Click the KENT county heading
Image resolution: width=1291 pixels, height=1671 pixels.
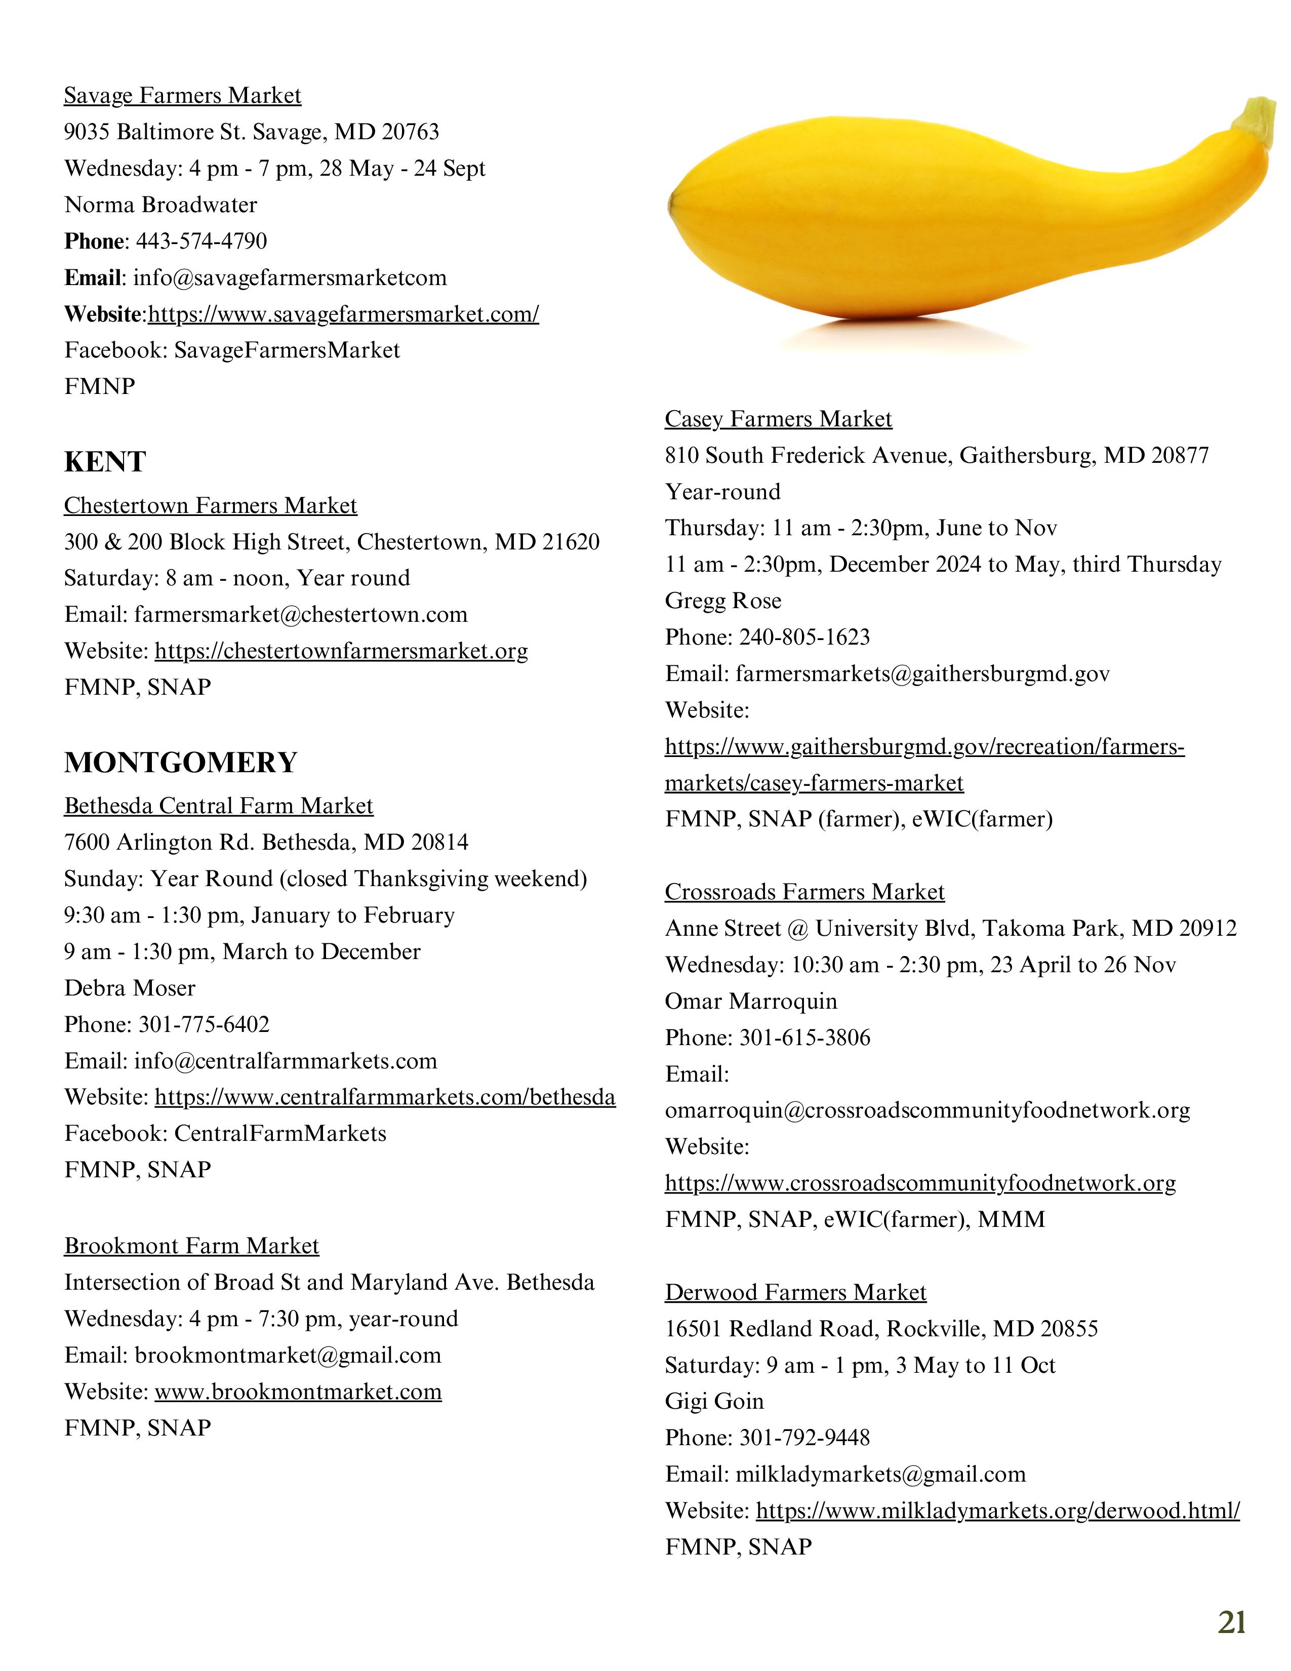[x=105, y=462]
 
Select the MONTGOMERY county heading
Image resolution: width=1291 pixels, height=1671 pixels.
[x=181, y=763]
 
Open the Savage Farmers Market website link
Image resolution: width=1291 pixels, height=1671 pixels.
[x=343, y=314]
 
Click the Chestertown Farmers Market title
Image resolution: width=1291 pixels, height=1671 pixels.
[x=210, y=506]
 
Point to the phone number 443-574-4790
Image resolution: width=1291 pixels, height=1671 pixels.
[x=201, y=242]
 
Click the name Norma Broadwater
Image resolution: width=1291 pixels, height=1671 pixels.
[x=160, y=205]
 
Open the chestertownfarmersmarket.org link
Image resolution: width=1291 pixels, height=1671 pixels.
[x=341, y=651]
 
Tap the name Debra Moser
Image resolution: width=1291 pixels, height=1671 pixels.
[x=130, y=988]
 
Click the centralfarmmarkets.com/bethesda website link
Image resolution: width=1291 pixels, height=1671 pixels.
[x=385, y=1098]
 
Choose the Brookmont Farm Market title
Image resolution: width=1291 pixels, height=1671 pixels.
[x=191, y=1246]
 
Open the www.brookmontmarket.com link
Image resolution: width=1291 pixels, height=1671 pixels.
[x=298, y=1391]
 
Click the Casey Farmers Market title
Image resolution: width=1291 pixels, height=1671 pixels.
[x=778, y=419]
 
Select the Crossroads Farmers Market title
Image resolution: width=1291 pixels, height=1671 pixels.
[x=804, y=892]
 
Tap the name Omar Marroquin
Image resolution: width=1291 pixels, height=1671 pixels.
[x=751, y=1002]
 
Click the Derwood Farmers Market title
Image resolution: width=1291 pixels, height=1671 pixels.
[x=795, y=1292]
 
